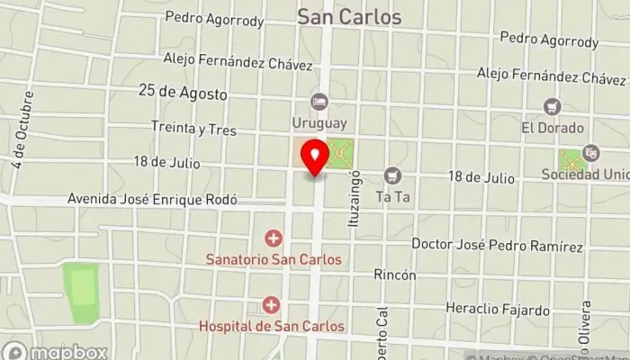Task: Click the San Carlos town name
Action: coord(349,17)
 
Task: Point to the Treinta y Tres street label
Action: coord(193,130)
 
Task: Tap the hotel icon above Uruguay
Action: coord(318,100)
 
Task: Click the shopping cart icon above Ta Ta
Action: coord(391,175)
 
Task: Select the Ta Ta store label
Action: coord(391,195)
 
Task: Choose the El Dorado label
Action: coord(553,128)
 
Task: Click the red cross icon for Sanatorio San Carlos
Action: coord(273,238)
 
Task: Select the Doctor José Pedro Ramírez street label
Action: coord(497,245)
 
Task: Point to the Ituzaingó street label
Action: coord(355,195)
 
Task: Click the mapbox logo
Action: coord(55,352)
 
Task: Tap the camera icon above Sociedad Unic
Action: coord(590,152)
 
